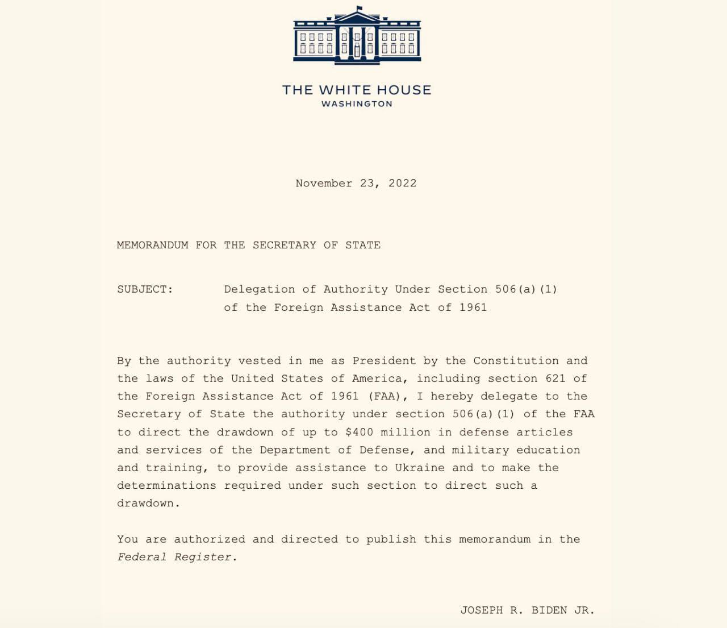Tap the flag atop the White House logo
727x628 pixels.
[x=360, y=9]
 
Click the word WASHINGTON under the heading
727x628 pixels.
[x=357, y=104]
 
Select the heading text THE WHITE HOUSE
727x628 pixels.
[x=357, y=90]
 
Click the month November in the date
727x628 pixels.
[x=324, y=183]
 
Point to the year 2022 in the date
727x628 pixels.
[x=402, y=183]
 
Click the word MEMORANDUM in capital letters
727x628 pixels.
[x=152, y=245]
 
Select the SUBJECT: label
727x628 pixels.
[x=145, y=289]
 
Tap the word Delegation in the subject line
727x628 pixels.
[x=260, y=289]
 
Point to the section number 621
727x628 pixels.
[x=555, y=379]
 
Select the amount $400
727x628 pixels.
[x=360, y=432]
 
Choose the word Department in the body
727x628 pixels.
[x=295, y=450]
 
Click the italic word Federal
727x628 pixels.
[x=141, y=557]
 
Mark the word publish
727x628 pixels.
[x=391, y=539]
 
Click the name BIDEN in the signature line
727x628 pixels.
[x=549, y=610]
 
